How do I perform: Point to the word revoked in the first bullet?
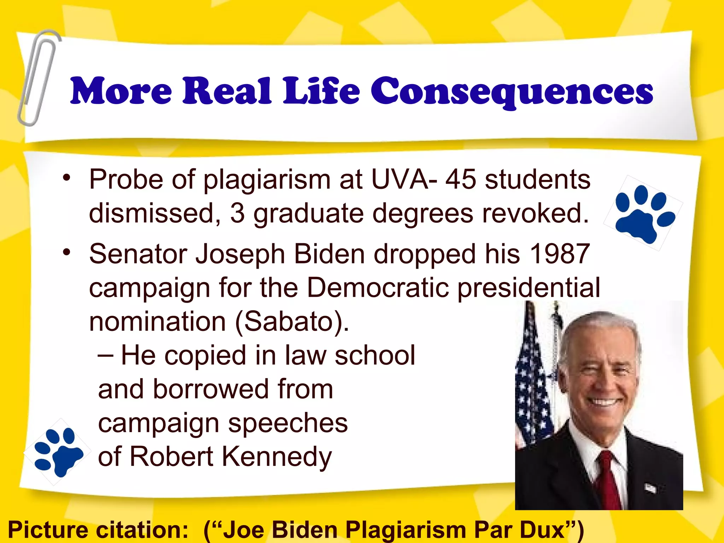(535, 214)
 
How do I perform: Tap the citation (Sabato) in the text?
(292, 321)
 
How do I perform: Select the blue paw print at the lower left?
(58, 451)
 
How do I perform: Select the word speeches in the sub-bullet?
(288, 423)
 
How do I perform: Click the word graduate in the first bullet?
(308, 214)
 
